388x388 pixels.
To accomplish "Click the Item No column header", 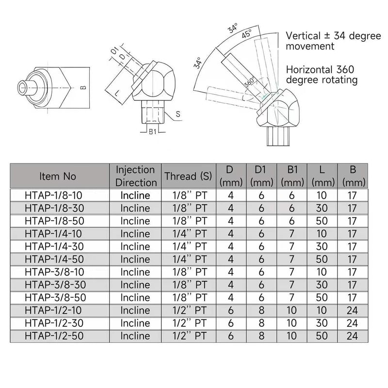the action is pyautogui.click(x=57, y=176).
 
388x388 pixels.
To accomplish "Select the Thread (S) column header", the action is pyautogui.click(x=188, y=176).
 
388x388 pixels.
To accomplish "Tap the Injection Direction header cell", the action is pyautogui.click(x=136, y=176).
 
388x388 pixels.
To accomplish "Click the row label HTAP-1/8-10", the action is pyautogui.click(x=53, y=195).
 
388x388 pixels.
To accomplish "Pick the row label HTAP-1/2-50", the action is pyautogui.click(x=54, y=336).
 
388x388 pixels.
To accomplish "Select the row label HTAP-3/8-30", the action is pyautogui.click(x=55, y=285).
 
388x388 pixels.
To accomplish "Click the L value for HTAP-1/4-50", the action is pyautogui.click(x=322, y=259).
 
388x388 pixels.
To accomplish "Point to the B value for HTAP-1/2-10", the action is pyautogui.click(x=352, y=310).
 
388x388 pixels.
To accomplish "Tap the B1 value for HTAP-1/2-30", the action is pyautogui.click(x=291, y=323).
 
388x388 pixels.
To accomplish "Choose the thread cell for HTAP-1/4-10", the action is pyautogui.click(x=189, y=234).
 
